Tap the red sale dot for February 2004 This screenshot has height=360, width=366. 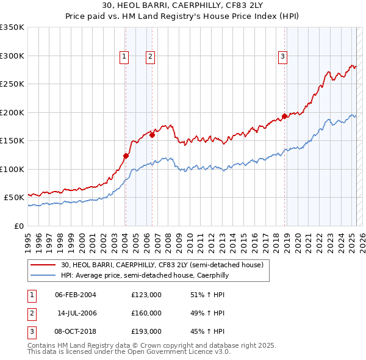click(x=126, y=156)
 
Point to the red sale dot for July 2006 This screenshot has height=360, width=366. click(x=152, y=135)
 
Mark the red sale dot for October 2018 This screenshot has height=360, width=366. click(x=285, y=116)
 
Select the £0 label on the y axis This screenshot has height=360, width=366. click(x=18, y=226)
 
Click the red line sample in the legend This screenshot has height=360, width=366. click(x=44, y=265)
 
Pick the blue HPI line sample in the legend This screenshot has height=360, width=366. click(x=44, y=276)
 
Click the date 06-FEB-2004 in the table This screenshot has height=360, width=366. click(x=76, y=295)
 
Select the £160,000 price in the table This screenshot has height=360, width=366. click(x=146, y=313)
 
